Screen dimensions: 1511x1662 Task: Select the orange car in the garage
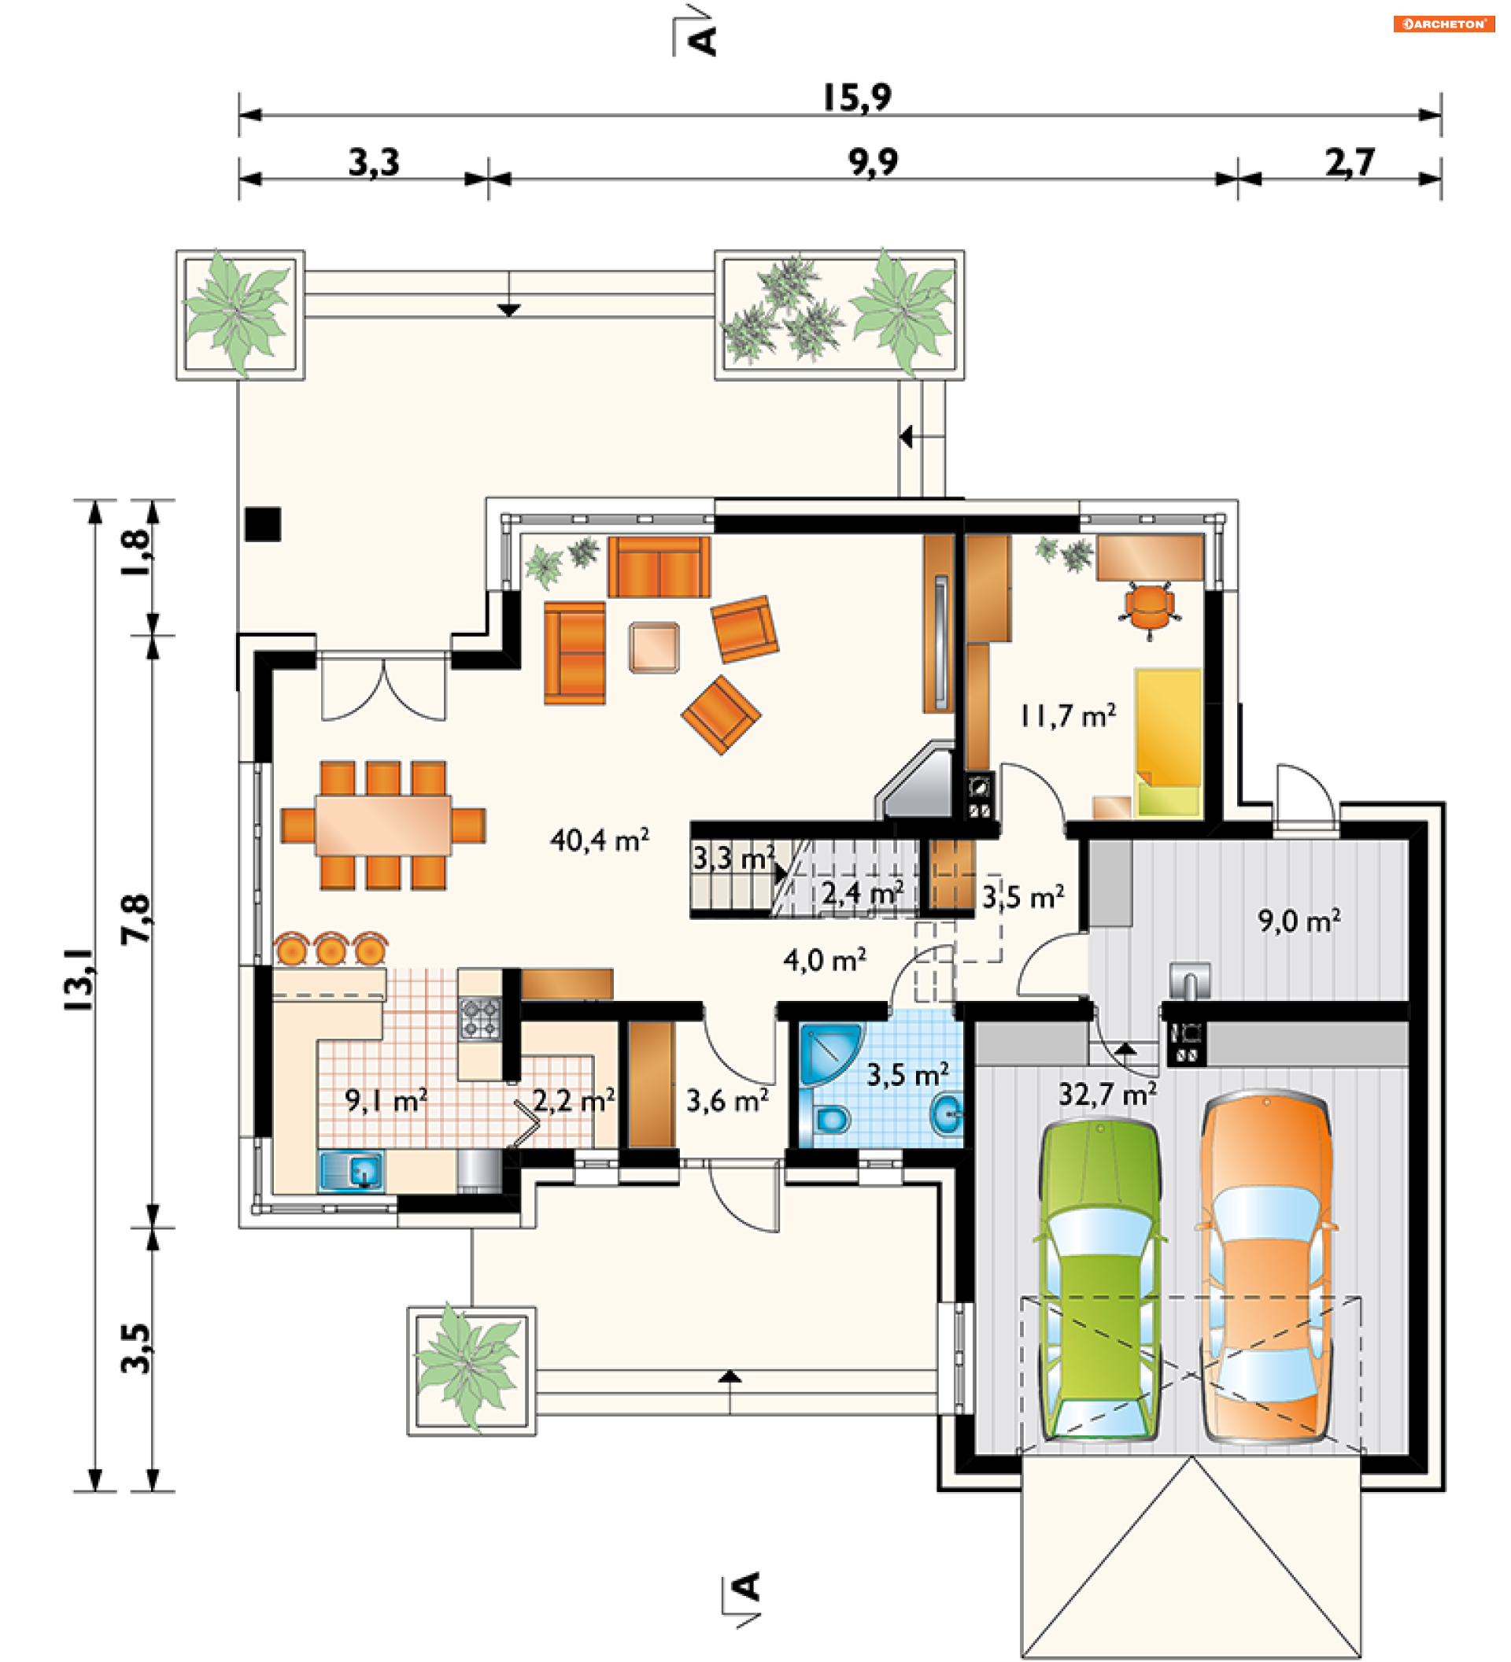pos(1265,1265)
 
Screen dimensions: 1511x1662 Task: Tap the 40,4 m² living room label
pos(600,840)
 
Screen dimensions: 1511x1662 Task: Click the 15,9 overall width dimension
pos(857,98)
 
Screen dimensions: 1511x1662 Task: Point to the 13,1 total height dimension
pos(81,979)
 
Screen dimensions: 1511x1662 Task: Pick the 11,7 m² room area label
pos(1069,715)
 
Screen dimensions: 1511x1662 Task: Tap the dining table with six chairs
pos(383,825)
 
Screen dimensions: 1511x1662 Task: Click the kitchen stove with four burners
pos(480,1018)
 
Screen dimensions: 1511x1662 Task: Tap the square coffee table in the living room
pos(655,647)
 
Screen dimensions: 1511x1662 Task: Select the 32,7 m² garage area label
pos(1107,1094)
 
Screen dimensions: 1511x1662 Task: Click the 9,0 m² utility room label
pos(1299,920)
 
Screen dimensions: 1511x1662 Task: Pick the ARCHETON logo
pos(1444,24)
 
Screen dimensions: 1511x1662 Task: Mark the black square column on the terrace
pos(263,524)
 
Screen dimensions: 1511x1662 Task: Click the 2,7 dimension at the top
pos(1350,162)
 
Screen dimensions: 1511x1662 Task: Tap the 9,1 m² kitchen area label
pos(386,1101)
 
